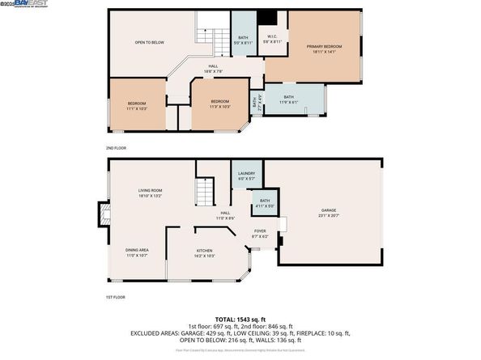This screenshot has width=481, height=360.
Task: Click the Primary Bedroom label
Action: [324, 50]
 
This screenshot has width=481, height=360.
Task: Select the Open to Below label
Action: [149, 42]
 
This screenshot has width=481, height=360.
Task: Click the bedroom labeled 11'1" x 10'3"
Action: [137, 106]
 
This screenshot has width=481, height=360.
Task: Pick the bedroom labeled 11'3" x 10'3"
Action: [219, 106]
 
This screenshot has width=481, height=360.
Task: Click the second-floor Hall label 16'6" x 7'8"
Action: [214, 70]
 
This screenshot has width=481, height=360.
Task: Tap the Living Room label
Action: [151, 193]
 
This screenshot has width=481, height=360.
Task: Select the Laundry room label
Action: [246, 176]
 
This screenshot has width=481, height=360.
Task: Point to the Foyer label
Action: [260, 234]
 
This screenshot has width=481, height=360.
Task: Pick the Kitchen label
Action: [204, 253]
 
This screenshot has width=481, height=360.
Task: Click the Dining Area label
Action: [136, 252]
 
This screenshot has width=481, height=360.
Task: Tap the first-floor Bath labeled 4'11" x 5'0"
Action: [265, 203]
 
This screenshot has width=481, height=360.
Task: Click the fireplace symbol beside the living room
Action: [102, 214]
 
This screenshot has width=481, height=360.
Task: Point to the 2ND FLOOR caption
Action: [117, 149]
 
